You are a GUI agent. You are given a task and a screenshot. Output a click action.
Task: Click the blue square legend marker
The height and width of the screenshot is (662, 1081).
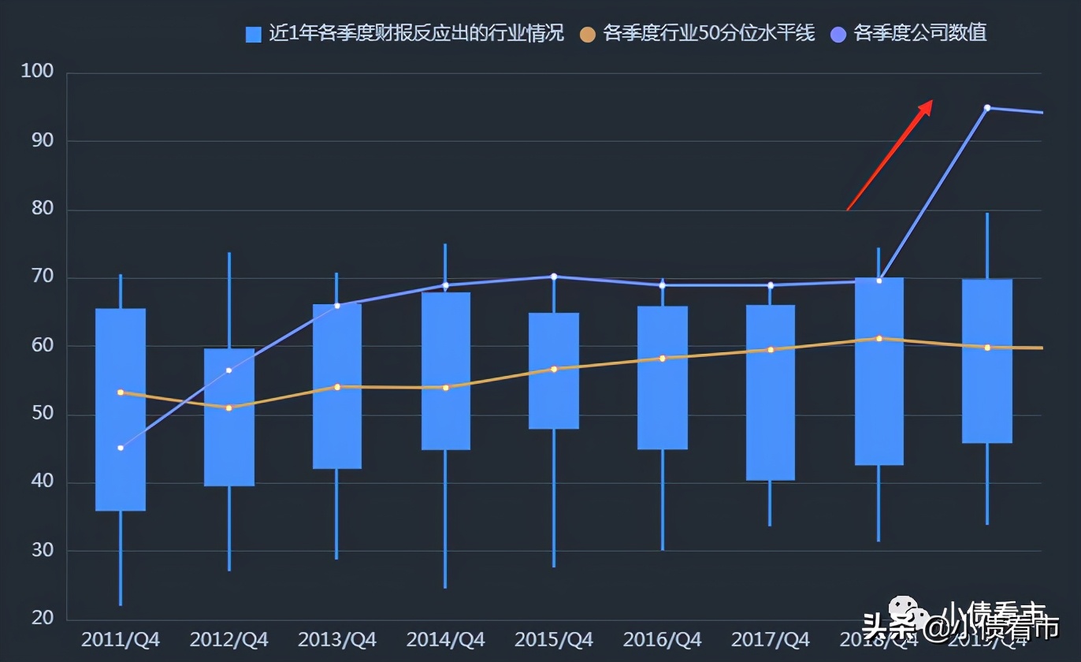pos(254,34)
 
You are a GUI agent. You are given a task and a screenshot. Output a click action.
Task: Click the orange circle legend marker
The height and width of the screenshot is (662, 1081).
pos(587,34)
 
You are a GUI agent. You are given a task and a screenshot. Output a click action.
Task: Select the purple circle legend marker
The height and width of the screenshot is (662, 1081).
pos(839,34)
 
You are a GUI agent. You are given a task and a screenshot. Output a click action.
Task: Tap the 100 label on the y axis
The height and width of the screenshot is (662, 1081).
pos(37,73)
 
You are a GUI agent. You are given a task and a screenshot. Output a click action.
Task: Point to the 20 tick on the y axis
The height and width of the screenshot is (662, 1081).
pos(43,619)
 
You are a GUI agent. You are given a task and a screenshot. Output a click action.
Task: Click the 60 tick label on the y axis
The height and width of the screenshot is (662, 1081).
pos(43,345)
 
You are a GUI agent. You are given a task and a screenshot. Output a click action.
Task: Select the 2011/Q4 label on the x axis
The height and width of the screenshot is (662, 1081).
pos(121,639)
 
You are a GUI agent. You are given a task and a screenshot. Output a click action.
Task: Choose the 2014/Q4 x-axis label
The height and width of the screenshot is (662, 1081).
pos(445,639)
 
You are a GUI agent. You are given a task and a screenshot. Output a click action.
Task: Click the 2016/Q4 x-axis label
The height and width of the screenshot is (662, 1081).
pos(662,639)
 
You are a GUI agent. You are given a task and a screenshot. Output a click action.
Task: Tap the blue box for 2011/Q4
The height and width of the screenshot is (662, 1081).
pos(121,410)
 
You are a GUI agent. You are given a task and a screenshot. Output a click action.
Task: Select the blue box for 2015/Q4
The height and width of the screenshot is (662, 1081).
pos(554,370)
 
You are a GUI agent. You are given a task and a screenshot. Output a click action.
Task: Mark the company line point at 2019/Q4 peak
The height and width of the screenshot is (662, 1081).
pos(986,108)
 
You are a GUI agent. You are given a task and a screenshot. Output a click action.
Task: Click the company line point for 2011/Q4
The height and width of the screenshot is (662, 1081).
pos(121,448)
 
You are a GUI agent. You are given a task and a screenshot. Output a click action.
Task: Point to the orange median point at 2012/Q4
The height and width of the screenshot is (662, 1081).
pos(229,407)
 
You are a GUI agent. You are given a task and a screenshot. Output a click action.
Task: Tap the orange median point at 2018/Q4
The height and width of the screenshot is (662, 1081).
pos(879,339)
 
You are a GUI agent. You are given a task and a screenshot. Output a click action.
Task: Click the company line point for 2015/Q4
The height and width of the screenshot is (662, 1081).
pos(554,277)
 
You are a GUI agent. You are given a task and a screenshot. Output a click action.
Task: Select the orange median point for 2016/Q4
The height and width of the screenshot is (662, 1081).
pos(662,358)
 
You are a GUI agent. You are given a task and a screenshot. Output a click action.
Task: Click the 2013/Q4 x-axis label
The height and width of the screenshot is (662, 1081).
pos(337,639)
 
